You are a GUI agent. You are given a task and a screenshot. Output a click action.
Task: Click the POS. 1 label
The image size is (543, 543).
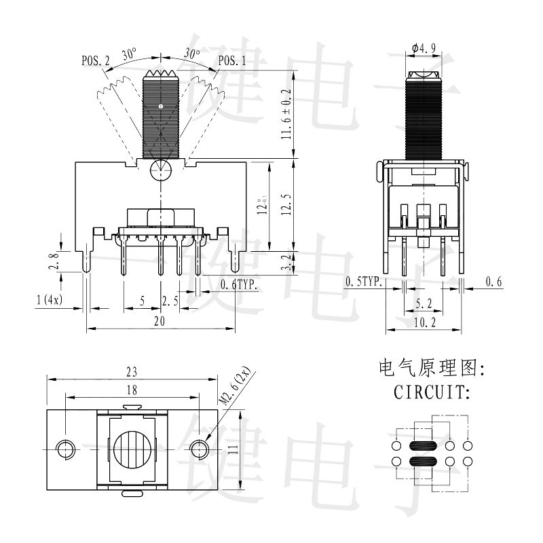(232, 60)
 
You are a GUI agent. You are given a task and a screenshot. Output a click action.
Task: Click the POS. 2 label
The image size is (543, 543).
(96, 60)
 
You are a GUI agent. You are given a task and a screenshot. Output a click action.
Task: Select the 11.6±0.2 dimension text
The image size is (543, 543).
(286, 114)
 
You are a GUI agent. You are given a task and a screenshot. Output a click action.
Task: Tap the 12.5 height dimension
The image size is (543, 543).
(286, 202)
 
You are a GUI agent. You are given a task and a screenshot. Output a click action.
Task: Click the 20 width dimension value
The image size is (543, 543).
(160, 322)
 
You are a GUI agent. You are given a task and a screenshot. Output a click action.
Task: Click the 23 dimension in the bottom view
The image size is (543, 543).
(132, 371)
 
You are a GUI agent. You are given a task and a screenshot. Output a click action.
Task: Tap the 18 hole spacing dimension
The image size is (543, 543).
(132, 390)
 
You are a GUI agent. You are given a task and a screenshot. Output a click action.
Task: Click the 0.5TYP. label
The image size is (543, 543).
(364, 282)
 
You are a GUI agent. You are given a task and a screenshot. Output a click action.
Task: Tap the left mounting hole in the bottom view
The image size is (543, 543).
(66, 449)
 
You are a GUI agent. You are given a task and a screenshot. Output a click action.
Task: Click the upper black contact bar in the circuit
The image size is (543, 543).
(423, 447)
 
